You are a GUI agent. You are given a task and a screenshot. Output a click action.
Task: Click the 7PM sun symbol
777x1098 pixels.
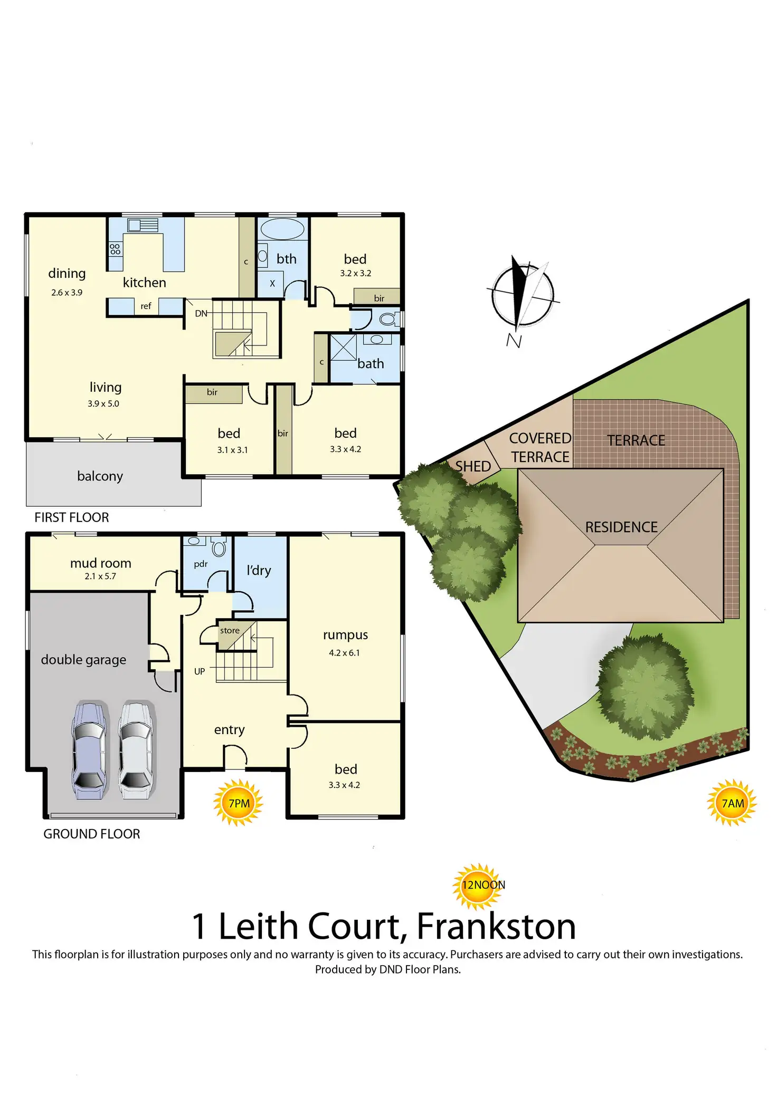[x=238, y=803]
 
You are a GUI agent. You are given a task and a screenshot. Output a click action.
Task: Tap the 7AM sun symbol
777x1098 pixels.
[x=732, y=803]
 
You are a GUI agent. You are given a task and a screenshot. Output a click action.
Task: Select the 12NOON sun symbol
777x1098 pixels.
[x=479, y=885]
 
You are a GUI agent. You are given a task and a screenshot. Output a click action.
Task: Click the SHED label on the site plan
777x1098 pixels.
[x=473, y=466]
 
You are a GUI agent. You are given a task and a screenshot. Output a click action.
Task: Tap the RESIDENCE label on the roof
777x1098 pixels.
[x=621, y=527]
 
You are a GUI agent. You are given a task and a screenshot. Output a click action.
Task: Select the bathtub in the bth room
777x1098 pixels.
[x=282, y=229]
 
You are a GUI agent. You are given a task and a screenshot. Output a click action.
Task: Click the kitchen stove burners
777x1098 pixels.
[x=115, y=249]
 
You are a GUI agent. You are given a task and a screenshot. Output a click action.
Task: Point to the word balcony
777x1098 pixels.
[x=100, y=476]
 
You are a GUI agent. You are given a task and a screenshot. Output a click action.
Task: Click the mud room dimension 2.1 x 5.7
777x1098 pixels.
[x=100, y=576]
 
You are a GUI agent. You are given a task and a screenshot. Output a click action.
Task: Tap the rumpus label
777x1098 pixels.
[x=345, y=635]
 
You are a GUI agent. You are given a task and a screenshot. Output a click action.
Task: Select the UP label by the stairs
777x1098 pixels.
[x=200, y=671]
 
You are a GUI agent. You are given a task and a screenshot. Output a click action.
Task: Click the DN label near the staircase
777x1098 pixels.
[x=201, y=313]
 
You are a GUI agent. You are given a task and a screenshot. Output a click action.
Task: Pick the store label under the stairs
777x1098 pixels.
[x=230, y=630]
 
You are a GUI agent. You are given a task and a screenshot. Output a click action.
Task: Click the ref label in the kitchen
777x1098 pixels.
[x=146, y=306]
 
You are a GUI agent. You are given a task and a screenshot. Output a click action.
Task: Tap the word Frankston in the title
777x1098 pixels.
[x=496, y=926]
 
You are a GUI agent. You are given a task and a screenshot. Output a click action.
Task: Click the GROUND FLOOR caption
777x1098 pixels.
[x=91, y=834]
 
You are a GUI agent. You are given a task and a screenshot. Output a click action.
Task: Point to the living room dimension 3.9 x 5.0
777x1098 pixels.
[x=103, y=403]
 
